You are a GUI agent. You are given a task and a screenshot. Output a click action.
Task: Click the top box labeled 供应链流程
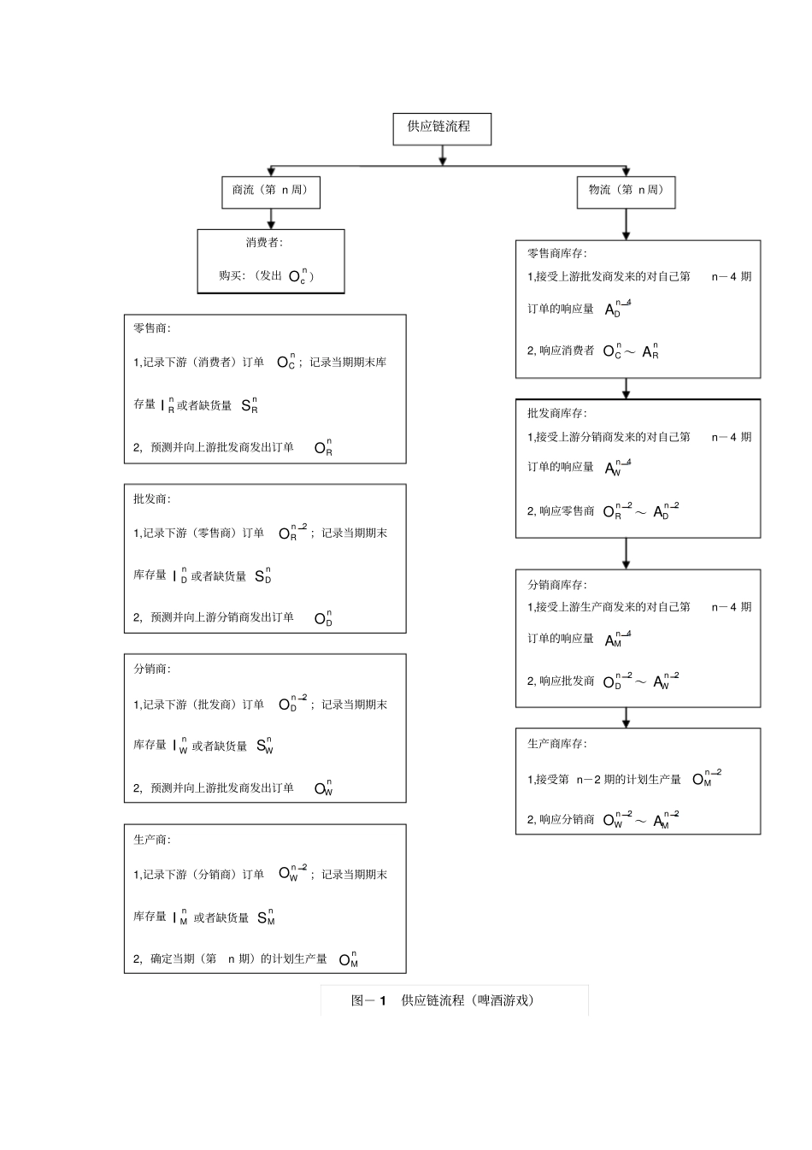pos(441,127)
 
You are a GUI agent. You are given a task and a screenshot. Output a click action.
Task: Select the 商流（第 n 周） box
pos(270,191)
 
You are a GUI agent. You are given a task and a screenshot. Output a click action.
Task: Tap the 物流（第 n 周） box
pos(627,191)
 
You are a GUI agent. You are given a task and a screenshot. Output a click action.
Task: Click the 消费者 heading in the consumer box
pos(264,243)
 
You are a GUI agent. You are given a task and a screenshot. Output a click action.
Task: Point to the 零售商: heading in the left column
pos(152,328)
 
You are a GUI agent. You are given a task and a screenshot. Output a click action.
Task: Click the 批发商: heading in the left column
pos(152,499)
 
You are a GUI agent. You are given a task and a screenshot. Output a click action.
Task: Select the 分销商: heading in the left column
pos(152,669)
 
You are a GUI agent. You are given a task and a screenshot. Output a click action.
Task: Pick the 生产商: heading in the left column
pos(152,840)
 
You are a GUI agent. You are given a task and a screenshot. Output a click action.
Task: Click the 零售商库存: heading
pos(557,254)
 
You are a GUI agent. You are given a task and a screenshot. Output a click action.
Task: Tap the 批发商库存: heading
pos(557,414)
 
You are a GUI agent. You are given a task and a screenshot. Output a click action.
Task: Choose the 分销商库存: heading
pos(557,586)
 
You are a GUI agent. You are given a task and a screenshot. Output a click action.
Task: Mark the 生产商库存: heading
pos(557,745)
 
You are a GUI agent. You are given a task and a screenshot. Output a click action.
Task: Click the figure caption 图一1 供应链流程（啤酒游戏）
pos(443,1000)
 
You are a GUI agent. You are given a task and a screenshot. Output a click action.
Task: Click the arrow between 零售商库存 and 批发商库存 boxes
pos(627,388)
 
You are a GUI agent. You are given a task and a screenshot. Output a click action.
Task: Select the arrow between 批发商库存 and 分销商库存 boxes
pos(627,553)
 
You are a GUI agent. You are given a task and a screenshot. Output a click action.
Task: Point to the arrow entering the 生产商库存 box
pos(627,717)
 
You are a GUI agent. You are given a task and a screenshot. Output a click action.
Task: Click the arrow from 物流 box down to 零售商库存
pos(627,224)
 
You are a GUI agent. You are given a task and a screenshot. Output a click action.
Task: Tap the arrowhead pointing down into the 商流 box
pos(270,171)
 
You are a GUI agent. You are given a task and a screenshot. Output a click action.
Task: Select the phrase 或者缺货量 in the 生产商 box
pos(221,918)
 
